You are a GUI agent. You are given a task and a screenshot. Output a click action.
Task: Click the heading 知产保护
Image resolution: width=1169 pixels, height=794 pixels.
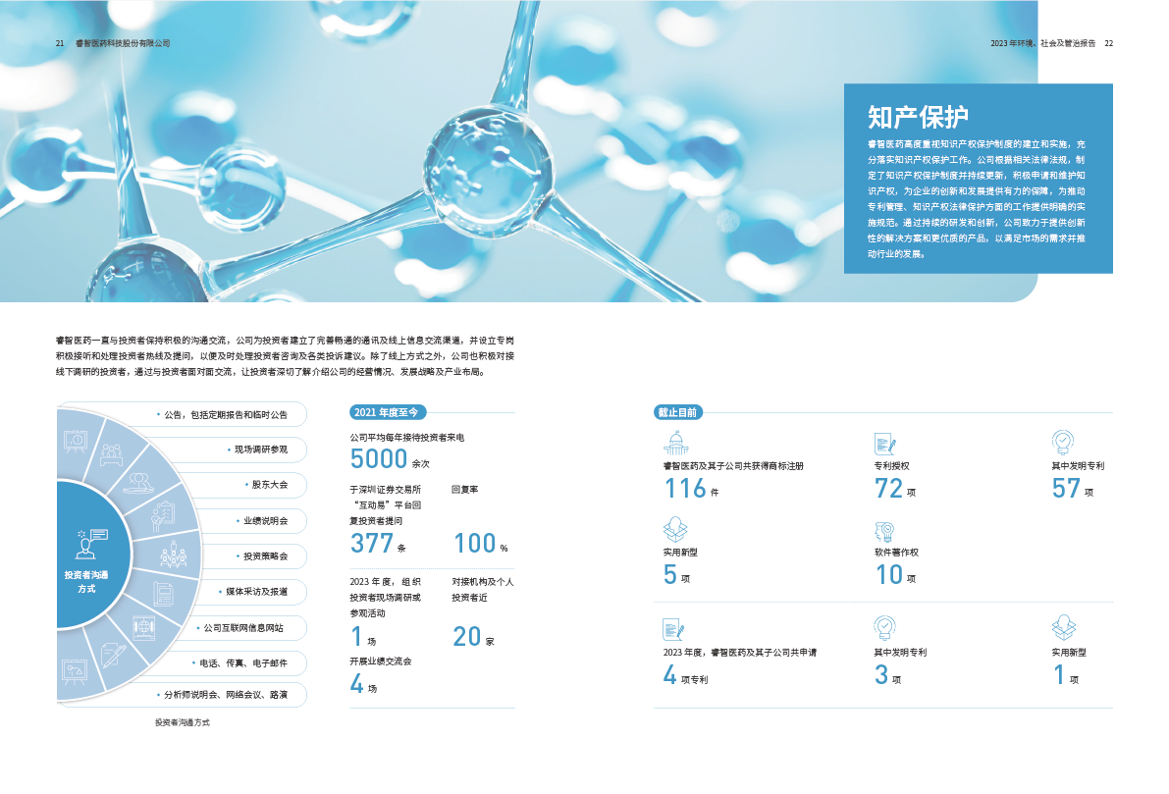click(918, 117)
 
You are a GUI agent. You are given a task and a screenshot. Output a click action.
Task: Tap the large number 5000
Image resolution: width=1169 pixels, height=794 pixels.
click(378, 459)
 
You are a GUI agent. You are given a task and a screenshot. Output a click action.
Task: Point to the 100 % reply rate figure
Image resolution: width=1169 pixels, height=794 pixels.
click(475, 543)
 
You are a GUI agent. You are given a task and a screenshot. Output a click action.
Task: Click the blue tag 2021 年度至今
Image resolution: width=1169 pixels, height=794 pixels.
click(389, 412)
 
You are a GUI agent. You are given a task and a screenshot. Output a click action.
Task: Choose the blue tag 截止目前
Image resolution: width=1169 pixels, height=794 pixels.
click(677, 412)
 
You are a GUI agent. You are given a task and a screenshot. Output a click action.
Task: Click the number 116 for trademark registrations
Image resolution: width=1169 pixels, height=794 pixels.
click(685, 488)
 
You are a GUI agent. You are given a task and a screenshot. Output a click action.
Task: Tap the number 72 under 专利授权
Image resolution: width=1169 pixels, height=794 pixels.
click(888, 488)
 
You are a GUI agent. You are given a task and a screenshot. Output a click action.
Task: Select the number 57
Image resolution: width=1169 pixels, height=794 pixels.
click(1066, 488)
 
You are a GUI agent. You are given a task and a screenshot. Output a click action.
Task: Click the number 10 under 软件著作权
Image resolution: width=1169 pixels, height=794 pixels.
click(888, 574)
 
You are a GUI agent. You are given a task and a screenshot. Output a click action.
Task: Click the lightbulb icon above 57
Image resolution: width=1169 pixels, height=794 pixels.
click(1062, 442)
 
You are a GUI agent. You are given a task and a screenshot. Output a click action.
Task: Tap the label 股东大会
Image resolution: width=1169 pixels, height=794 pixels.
click(270, 485)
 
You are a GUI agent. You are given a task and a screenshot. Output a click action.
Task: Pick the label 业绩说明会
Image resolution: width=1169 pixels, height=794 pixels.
click(265, 520)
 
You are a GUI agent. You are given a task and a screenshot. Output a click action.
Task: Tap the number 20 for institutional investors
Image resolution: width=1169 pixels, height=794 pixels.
click(467, 636)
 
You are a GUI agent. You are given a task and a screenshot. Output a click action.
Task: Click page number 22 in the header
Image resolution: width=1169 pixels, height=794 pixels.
click(1109, 43)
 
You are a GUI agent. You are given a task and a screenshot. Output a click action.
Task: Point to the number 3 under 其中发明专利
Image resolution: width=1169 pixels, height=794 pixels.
click(881, 674)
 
